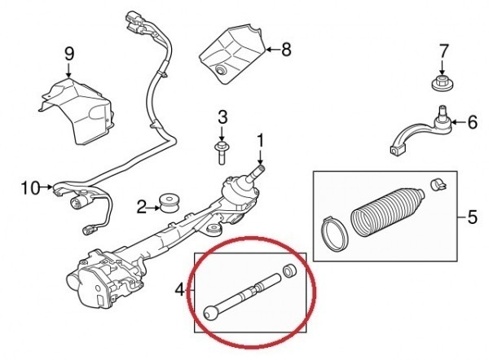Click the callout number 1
[262, 140]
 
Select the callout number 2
[141, 208]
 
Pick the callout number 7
[444, 51]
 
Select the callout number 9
[68, 55]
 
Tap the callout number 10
[29, 188]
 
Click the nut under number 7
[441, 83]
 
